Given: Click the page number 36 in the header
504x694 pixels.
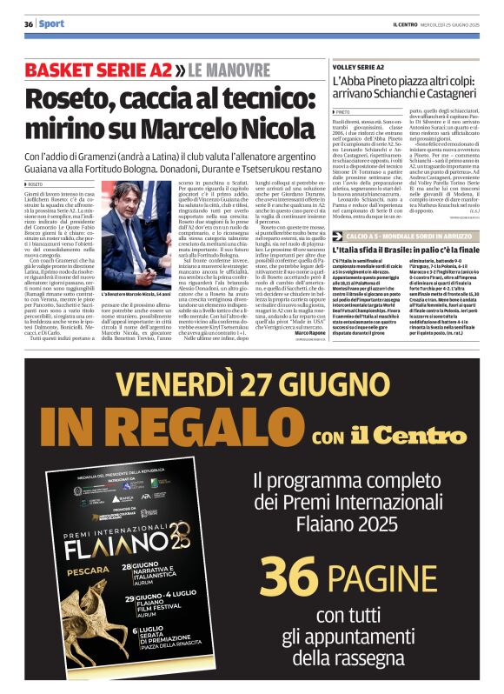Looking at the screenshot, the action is click(28, 24).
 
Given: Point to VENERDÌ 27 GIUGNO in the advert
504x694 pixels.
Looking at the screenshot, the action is click(251, 384).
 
